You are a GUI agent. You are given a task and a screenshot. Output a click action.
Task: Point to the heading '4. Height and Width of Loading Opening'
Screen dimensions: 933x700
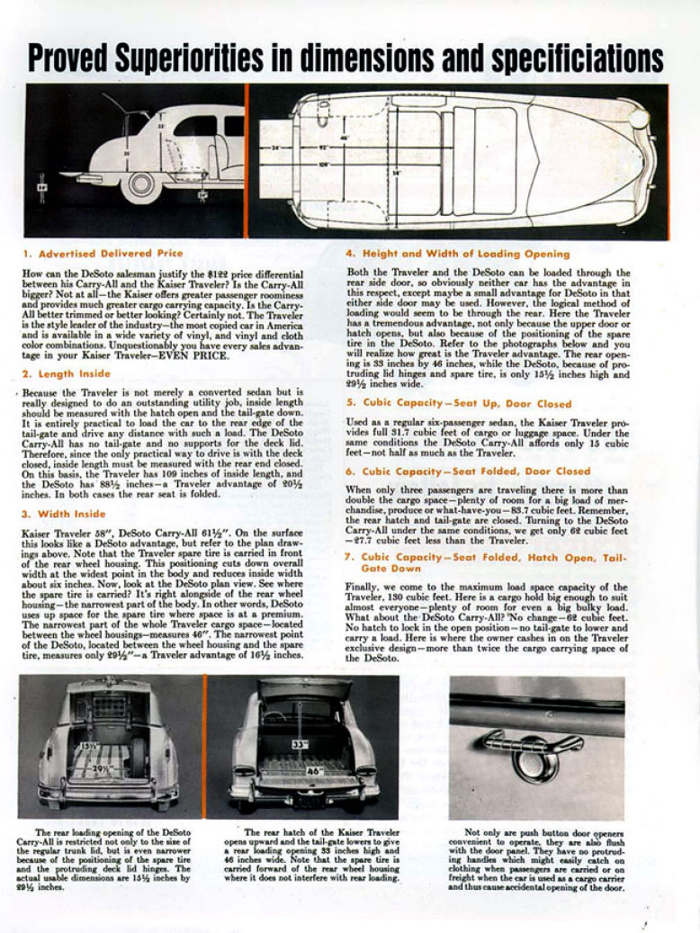458,254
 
